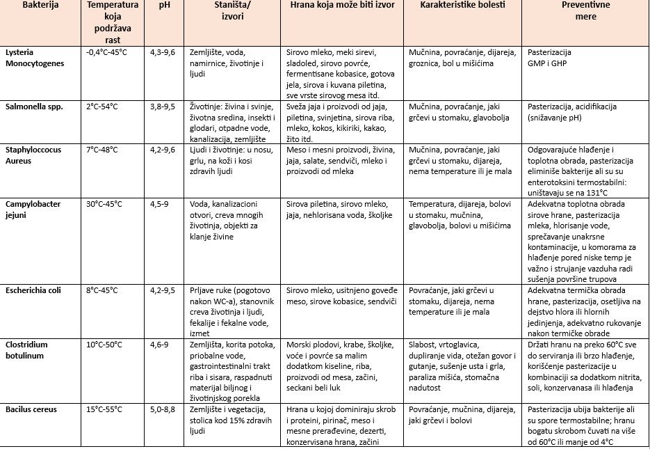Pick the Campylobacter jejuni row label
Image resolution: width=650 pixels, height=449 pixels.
tap(34, 210)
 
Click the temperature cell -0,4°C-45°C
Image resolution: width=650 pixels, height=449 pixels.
tap(106, 52)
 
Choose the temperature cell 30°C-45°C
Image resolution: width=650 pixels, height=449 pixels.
tap(104, 204)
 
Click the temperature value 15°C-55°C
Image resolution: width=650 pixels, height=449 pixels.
tap(104, 410)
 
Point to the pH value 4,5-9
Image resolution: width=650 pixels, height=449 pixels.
tap(159, 204)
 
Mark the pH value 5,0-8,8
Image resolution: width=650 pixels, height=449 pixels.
tap(163, 410)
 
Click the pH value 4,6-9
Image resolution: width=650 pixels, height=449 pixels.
tap(159, 345)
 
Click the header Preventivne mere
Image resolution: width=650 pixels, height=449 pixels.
tap(586, 10)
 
